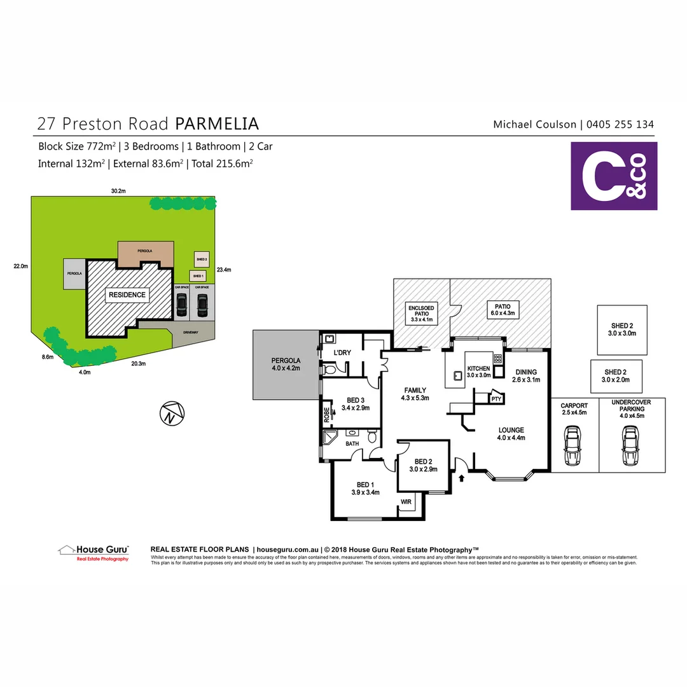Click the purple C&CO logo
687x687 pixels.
pyautogui.click(x=614, y=176)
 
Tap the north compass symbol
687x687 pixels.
pyautogui.click(x=171, y=414)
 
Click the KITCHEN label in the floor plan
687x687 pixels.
pyautogui.click(x=478, y=372)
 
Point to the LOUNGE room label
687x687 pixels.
pyautogui.click(x=511, y=433)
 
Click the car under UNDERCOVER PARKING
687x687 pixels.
pyautogui.click(x=630, y=445)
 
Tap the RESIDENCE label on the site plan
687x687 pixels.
pyautogui.click(x=127, y=295)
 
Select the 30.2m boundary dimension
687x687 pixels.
pyautogui.click(x=118, y=190)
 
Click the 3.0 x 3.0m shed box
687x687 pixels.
pyautogui.click(x=621, y=330)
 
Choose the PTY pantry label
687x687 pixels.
pyautogui.click(x=496, y=399)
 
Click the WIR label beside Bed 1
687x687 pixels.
pyautogui.click(x=405, y=502)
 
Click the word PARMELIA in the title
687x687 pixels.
pyautogui.click(x=217, y=123)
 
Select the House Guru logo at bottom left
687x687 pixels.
pyautogui.click(x=94, y=552)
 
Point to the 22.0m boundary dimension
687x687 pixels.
pyautogui.click(x=20, y=267)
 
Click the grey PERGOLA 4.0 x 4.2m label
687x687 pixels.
pyautogui.click(x=285, y=364)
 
